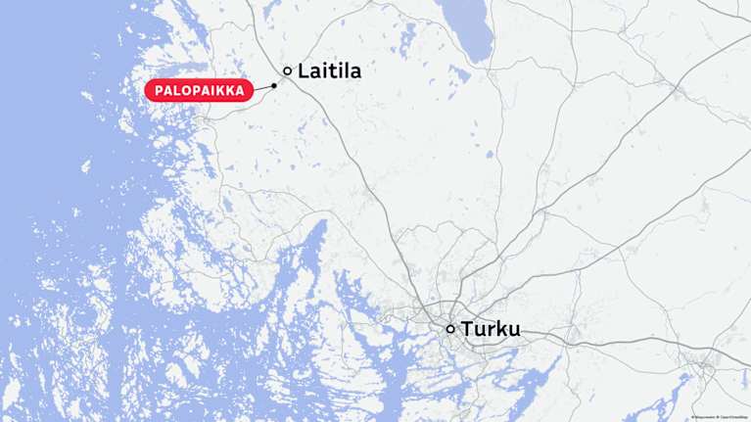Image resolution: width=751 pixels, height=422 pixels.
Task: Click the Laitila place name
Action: tap(330, 71)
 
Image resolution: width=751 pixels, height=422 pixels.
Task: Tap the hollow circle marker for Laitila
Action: tap(287, 70)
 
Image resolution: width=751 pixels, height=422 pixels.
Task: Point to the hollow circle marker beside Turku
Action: tap(450, 329)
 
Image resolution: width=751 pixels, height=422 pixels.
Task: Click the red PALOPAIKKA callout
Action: tap(199, 91)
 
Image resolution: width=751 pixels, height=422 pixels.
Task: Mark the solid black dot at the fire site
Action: tap(274, 85)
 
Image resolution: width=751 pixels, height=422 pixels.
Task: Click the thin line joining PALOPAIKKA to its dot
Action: tap(263, 88)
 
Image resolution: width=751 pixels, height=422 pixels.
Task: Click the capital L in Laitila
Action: tap(304, 71)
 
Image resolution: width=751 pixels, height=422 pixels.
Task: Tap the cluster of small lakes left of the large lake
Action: tap(406, 39)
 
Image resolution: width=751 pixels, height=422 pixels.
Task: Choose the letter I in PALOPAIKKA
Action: tap(220, 91)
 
